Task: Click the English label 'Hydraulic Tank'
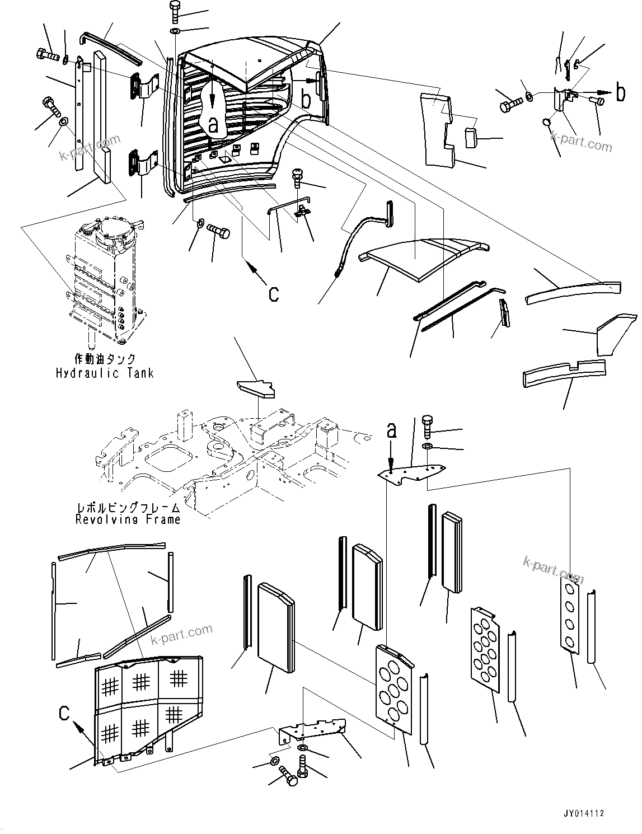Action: pos(104,373)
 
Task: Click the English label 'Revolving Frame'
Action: pos(128,519)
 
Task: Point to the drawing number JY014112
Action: pos(584,814)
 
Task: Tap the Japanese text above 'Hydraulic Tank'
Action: pos(105,359)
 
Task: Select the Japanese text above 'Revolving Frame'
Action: pos(129,508)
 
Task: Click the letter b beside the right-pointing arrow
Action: pos(620,93)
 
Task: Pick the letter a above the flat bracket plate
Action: pos(392,430)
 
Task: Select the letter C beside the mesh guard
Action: pos(65,713)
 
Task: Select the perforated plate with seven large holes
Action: pos(394,688)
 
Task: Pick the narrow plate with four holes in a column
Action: pos(571,614)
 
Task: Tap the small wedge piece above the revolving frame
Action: pos(256,388)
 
